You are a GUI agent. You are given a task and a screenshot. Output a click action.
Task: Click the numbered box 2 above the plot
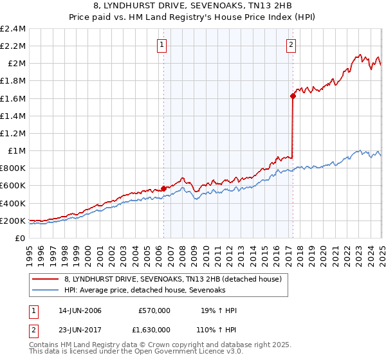[291, 45]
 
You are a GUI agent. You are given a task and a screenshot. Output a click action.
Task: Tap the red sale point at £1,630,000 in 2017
[293, 96]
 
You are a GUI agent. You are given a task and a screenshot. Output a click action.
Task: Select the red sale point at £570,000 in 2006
[163, 188]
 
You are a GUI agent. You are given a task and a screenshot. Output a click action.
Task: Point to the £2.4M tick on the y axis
[13, 29]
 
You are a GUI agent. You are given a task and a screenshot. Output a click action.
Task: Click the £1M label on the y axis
[16, 151]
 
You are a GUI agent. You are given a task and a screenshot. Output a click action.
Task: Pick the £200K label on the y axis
[13, 221]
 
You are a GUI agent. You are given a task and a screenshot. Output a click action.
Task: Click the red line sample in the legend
[46, 280]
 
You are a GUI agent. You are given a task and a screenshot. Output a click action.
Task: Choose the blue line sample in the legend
[46, 291]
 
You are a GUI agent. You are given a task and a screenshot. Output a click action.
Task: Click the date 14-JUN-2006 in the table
[80, 310]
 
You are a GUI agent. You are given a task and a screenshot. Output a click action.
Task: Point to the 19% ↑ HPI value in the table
[217, 310]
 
